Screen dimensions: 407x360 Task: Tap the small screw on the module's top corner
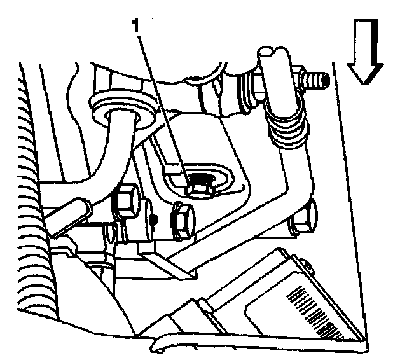point(307,265)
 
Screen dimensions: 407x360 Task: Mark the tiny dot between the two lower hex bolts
point(154,221)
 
